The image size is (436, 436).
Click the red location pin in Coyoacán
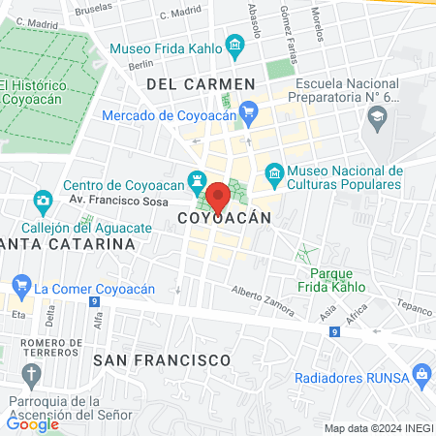(219, 197)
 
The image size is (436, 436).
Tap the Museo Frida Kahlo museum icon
(234, 45)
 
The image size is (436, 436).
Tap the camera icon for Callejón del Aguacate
(43, 202)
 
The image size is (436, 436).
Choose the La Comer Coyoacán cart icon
(20, 286)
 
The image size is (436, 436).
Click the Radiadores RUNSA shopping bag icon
(420, 373)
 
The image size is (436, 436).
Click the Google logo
(33, 422)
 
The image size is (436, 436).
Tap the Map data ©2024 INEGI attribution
(378, 428)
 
